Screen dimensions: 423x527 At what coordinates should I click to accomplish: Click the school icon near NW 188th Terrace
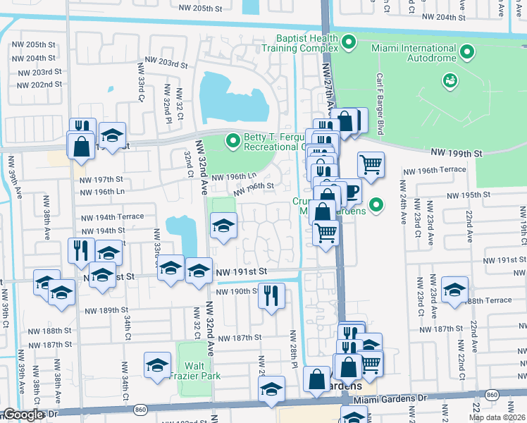pos(454,289)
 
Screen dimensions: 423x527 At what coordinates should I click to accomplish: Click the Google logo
pos(23,415)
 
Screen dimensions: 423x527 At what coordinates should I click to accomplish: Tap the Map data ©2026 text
pos(497,417)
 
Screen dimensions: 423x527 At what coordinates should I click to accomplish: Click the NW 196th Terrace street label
pos(434,170)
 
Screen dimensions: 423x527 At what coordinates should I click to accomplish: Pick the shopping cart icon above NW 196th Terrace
pos(371,165)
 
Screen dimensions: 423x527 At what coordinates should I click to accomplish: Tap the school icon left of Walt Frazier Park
pos(157,364)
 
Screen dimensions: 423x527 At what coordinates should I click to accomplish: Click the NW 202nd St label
pos(37,85)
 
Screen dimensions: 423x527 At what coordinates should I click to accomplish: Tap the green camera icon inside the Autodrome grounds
pos(449,81)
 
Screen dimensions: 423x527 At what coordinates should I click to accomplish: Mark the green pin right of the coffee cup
pos(377,205)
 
